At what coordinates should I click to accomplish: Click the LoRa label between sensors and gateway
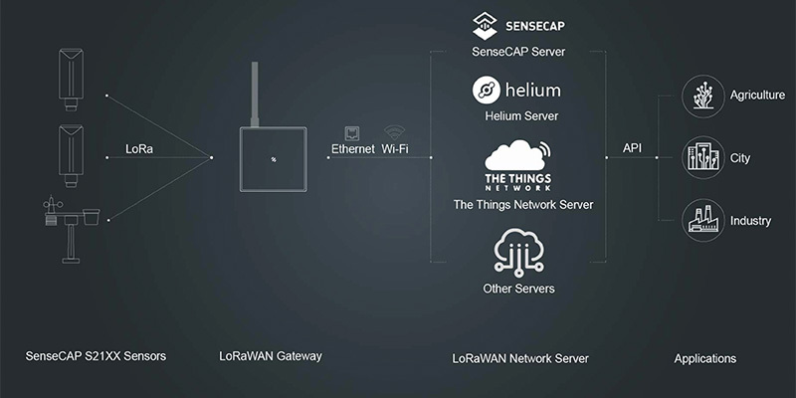(139, 149)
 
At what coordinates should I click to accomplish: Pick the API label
(632, 147)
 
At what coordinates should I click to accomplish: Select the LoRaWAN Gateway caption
(270, 355)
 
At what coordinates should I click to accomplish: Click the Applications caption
(704, 358)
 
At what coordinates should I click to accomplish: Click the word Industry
(751, 221)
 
